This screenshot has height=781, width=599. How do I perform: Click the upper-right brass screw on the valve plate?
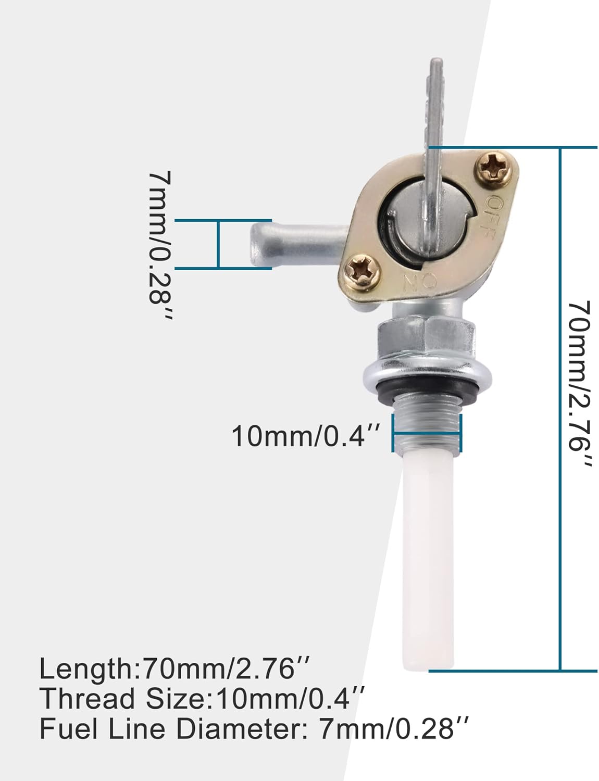(492, 168)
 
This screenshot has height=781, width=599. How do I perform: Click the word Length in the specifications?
(86, 669)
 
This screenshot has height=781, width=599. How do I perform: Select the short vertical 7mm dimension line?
(218, 244)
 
